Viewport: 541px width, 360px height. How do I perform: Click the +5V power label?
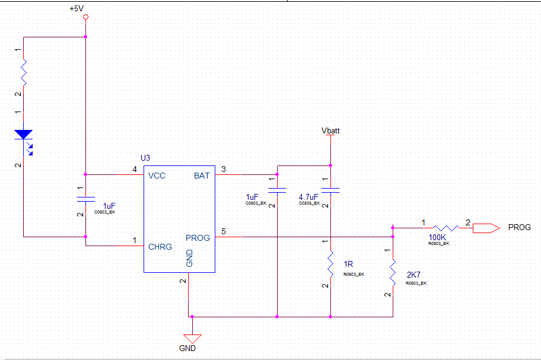[x=77, y=9]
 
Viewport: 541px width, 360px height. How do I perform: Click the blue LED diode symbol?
[x=24, y=136]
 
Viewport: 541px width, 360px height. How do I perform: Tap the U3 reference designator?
[x=145, y=158]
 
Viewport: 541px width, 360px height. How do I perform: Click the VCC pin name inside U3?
[x=157, y=176]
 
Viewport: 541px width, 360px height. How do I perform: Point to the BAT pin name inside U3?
[x=202, y=176]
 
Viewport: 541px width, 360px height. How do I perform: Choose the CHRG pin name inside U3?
[x=160, y=247]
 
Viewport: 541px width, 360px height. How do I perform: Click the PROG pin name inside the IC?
[x=198, y=238]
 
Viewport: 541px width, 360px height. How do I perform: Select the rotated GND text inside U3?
[x=190, y=259]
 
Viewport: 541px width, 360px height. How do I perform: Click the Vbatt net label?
[x=330, y=130]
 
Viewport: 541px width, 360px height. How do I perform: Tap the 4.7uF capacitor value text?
[x=308, y=197]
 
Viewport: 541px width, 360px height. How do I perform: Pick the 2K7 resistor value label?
[x=413, y=275]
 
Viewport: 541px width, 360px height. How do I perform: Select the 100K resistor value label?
[x=438, y=237]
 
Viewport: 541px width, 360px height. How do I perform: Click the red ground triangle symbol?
[x=193, y=339]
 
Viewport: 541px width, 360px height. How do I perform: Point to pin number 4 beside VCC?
[x=135, y=170]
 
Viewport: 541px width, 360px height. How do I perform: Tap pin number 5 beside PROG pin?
[x=223, y=231]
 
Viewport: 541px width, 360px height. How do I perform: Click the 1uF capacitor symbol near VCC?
[x=85, y=197]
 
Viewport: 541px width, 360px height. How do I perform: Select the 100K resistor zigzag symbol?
[x=445, y=227]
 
